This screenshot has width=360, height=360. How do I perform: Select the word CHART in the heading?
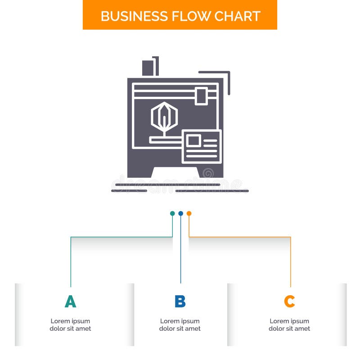237,16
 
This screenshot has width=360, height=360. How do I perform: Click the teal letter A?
70,301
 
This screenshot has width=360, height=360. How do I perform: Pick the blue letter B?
180,301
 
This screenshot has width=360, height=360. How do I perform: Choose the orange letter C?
289,301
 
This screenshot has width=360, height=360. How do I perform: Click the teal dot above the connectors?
172,213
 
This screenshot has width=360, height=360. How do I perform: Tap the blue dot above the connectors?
180,213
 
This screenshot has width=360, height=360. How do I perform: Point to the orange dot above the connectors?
189,213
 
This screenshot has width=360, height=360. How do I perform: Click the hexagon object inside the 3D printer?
164,116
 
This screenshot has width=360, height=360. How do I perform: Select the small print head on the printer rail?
201,96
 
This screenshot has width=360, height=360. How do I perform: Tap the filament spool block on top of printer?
148,68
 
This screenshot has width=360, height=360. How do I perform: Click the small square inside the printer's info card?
193,140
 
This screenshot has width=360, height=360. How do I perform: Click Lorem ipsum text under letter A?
70,325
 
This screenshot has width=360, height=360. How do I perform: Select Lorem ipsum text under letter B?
180,325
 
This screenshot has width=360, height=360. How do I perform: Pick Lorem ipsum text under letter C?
289,325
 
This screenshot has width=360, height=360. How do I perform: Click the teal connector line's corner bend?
71,237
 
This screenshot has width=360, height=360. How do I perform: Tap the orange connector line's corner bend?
290,237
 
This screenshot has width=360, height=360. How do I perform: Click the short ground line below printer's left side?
129,191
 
